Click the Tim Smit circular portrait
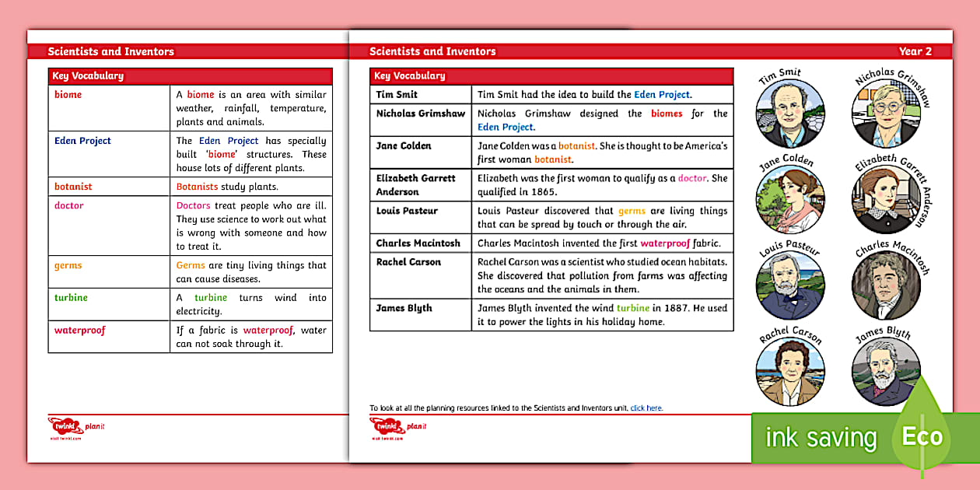789,114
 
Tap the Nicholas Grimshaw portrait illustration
886,112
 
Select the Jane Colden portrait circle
789,198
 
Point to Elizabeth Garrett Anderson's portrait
886,200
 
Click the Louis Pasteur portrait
789,285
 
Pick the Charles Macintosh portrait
886,285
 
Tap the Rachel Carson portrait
789,372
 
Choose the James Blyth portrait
886,372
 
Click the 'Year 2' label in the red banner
915,51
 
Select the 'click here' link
646,408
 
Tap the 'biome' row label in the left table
68,95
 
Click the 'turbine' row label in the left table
71,298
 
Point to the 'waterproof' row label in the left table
79,331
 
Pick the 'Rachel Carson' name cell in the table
408,262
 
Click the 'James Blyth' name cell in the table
404,308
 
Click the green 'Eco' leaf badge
922,437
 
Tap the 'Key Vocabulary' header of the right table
409,76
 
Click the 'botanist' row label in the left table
73,187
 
